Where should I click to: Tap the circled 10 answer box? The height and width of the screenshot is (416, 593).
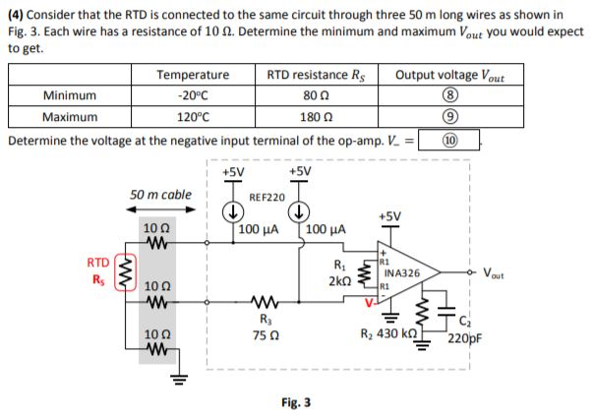click(x=450, y=138)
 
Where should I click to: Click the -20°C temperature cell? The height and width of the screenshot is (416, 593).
click(x=192, y=95)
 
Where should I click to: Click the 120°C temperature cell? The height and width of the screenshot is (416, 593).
click(x=192, y=116)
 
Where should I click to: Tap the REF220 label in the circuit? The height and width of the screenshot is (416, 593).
click(x=267, y=198)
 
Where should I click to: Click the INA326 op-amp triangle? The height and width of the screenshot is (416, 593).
click(x=400, y=272)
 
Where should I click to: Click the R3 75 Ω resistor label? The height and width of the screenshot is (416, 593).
click(x=265, y=326)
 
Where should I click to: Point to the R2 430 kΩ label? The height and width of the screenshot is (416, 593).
click(x=389, y=334)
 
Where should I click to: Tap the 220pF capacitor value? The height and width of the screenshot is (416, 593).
click(x=461, y=341)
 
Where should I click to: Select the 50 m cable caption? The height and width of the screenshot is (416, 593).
click(x=160, y=194)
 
